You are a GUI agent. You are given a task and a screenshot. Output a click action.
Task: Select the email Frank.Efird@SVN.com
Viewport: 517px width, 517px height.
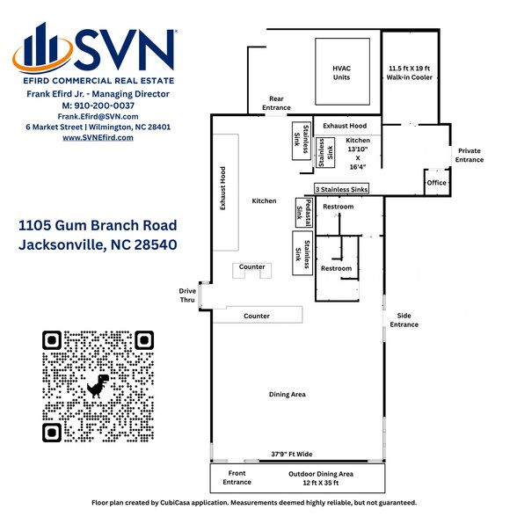pos(98,116)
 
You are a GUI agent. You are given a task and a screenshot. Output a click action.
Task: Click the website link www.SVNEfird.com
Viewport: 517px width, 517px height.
pos(98,138)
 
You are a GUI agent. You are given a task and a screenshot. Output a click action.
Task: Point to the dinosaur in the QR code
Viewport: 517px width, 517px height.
pos(98,385)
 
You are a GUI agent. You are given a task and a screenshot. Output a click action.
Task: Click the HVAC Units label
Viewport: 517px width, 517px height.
pos(341,72)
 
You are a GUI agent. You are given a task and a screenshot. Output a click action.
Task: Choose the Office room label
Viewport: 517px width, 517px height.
pos(436,182)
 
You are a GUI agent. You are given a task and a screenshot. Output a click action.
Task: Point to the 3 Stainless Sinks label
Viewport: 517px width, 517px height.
pos(342,189)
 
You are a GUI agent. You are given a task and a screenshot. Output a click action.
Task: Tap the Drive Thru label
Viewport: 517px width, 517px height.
pos(187,295)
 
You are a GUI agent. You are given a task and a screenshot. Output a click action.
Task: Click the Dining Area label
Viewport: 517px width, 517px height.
pos(287,395)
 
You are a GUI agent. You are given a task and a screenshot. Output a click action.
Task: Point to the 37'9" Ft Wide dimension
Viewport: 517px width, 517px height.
pos(291,455)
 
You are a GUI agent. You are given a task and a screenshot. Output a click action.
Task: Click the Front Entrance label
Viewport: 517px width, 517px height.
pos(237,477)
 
